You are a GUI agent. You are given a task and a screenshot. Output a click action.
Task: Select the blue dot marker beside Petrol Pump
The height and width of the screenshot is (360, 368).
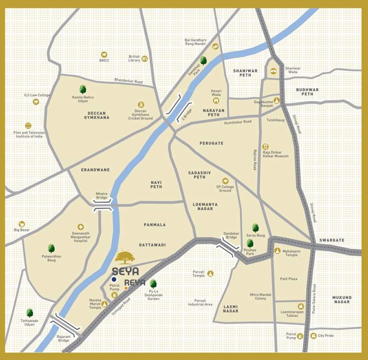pos(114,279)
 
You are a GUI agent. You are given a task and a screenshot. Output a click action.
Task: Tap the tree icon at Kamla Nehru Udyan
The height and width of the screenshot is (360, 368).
pos(83,89)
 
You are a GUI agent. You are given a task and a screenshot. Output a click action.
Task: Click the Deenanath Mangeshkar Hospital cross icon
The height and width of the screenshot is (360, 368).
pos(81,227)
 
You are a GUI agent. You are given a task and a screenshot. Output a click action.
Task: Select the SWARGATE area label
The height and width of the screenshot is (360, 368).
pos(332,240)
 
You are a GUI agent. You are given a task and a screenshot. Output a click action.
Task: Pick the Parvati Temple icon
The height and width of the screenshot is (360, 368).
pos(210,273)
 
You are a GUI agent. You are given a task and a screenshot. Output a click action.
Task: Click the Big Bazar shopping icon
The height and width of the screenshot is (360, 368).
pos(22,224)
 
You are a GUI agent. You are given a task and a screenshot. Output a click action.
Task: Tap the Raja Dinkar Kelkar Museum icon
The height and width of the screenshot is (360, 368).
pos(266,147)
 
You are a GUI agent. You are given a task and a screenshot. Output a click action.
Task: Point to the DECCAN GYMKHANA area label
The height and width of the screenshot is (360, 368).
pos(98,115)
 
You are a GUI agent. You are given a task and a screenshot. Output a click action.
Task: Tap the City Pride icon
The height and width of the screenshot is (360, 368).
pos(313,336)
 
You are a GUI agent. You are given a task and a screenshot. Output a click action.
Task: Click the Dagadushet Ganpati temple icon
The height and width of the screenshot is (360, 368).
pos(277,100)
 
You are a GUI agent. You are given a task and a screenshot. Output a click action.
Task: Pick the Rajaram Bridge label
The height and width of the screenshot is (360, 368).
pos(64,338)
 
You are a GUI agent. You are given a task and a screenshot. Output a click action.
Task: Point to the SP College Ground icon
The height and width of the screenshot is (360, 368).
pos(225,181)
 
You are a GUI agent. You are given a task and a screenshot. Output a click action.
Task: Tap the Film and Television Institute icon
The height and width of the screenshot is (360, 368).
pos(28,126)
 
